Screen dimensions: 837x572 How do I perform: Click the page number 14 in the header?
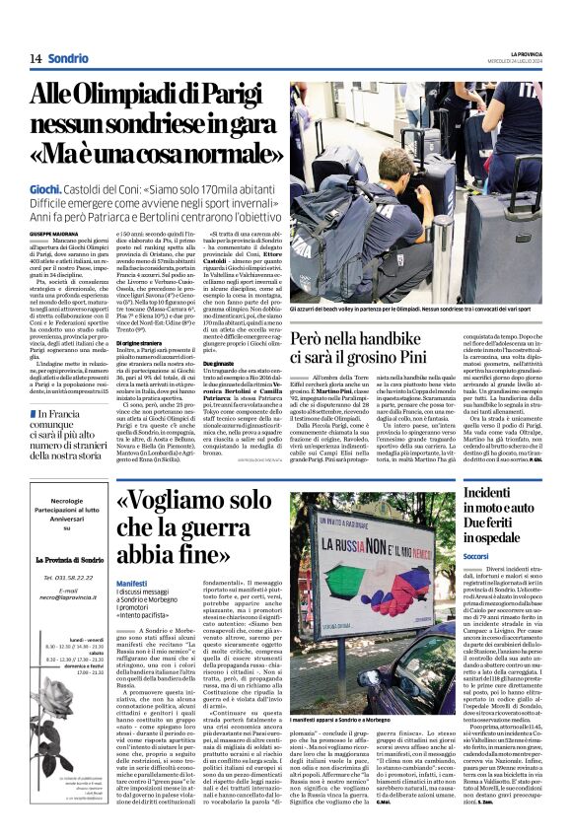pyautogui.click(x=34, y=58)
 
